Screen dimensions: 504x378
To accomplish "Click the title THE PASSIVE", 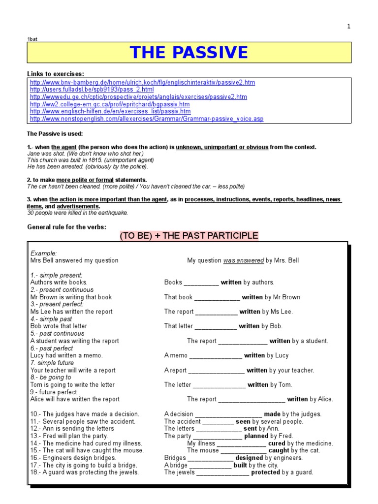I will click(189, 52).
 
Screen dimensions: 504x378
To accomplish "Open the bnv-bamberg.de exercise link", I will click(142, 83).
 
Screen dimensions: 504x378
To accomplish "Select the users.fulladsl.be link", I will click(92, 90).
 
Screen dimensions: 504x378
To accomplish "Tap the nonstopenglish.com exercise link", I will click(147, 119).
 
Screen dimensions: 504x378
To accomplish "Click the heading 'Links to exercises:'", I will click(55, 73).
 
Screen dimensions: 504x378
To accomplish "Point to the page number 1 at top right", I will click(348, 27).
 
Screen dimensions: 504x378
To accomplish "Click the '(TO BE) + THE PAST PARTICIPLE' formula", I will click(189, 236).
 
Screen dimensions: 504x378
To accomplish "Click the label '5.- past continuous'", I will click(57, 334).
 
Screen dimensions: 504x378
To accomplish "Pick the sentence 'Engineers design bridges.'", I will click(73, 458).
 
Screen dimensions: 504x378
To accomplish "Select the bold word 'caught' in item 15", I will click(279, 450).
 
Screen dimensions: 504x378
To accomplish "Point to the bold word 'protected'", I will click(265, 472).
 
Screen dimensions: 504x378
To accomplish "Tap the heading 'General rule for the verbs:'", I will click(66, 227).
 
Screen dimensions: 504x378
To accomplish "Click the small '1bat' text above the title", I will click(32, 38).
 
